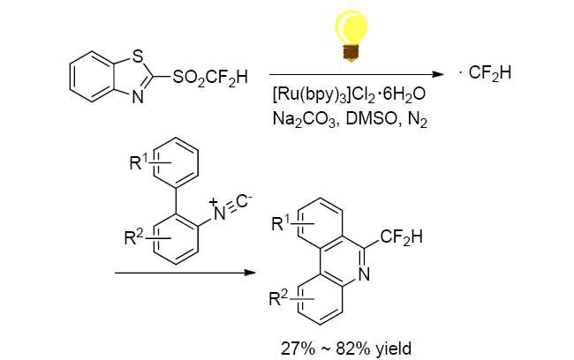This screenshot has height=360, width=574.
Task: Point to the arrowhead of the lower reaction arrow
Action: (249, 274)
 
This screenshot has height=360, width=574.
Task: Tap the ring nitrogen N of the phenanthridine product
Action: (364, 275)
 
